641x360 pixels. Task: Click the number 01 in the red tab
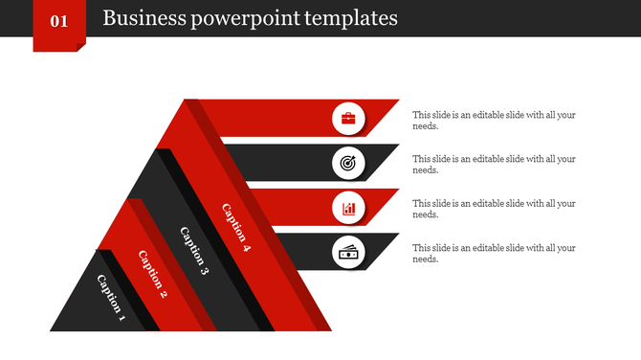tap(58, 20)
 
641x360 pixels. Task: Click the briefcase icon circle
tap(348, 119)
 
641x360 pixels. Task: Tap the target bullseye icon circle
tap(348, 164)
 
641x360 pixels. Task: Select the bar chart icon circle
tap(348, 208)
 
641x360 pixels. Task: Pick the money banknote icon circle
tap(348, 253)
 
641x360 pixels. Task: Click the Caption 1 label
tap(111, 295)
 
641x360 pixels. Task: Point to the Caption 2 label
tap(152, 274)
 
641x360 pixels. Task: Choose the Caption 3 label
tap(193, 251)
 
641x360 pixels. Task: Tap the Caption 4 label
tap(235, 228)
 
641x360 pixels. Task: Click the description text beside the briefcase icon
tap(494, 120)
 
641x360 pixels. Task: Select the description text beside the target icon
tap(494, 164)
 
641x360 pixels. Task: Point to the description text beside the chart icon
tap(494, 209)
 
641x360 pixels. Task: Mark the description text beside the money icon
tap(494, 253)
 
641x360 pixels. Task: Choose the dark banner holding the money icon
tap(306, 252)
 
